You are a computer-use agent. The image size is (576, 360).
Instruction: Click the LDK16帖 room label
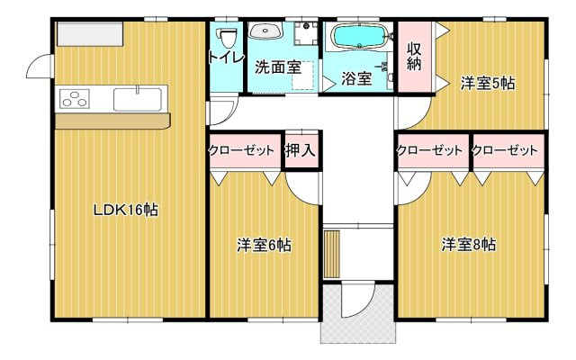pyautogui.click(x=126, y=210)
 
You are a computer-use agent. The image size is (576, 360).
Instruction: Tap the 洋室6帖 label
pyautogui.click(x=264, y=244)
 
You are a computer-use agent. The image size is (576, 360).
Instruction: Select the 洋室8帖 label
pyautogui.click(x=468, y=244)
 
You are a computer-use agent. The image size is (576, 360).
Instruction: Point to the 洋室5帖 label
pyautogui.click(x=488, y=84)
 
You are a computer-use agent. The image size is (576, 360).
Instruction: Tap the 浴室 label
pyautogui.click(x=356, y=78)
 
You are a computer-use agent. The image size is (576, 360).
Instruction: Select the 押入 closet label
pyautogui.click(x=301, y=150)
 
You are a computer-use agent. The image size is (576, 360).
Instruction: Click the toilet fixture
pyautogui.click(x=227, y=37)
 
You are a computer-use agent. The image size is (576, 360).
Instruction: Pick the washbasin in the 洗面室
pyautogui.click(x=265, y=32)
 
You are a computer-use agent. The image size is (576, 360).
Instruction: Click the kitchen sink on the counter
pyautogui.click(x=138, y=94)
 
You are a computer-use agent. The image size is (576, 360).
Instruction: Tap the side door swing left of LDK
pyautogui.click(x=39, y=66)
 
